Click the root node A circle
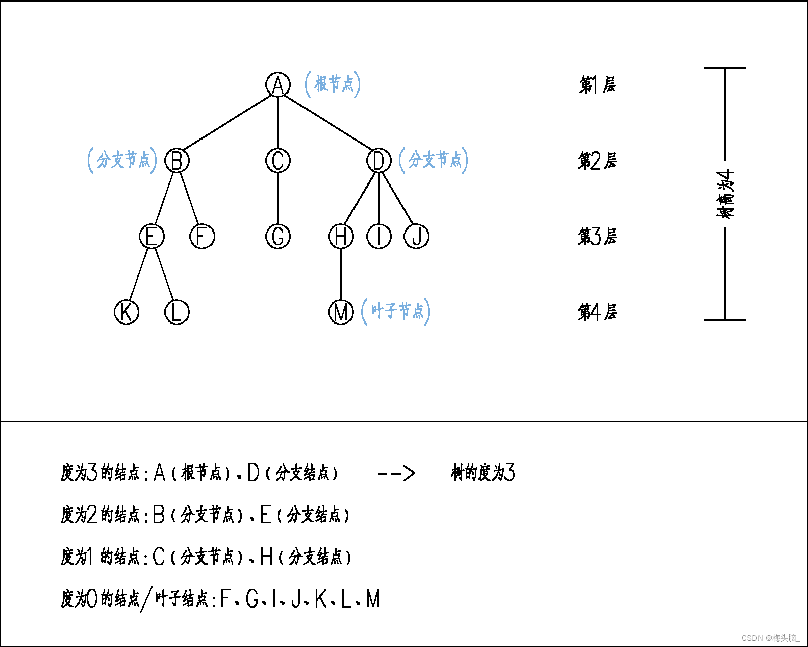coord(278,84)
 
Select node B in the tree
coord(177,161)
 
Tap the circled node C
coord(278,161)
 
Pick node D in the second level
coord(379,161)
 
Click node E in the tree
coord(151,237)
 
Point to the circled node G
coord(278,237)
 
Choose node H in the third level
coord(341,237)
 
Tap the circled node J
coord(417,237)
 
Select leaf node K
coord(126,312)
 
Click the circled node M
coord(341,312)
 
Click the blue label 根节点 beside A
coord(333,84)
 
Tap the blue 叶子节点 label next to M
coord(396,311)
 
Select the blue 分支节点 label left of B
coord(123,160)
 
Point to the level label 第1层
coord(597,85)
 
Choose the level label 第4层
coord(597,312)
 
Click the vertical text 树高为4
coord(725,194)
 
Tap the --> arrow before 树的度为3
coord(396,473)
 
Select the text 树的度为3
coord(483,473)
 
